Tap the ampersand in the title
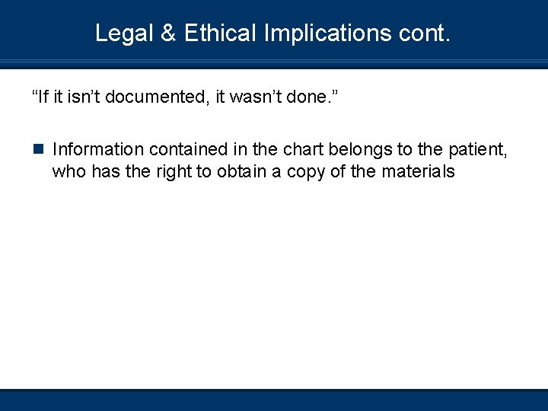168,33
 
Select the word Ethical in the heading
220,33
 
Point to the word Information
98,149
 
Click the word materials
418,171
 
